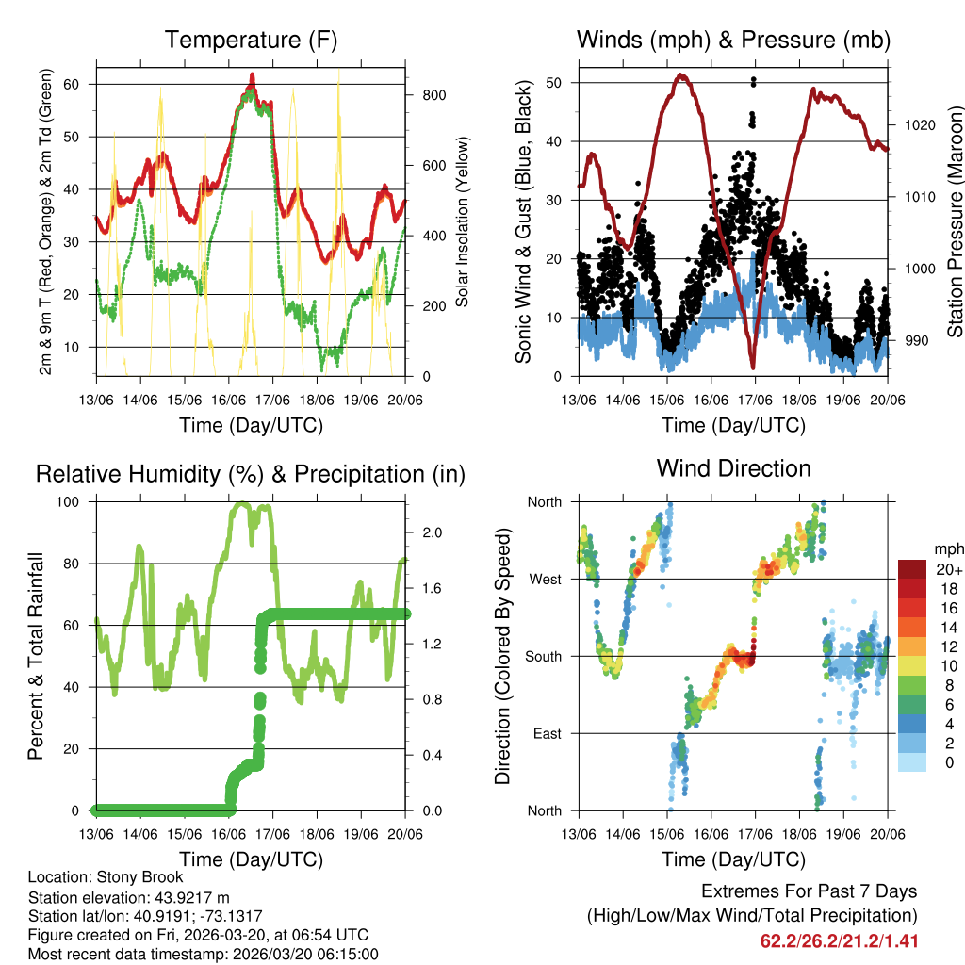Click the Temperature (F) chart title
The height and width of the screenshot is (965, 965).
coord(251,40)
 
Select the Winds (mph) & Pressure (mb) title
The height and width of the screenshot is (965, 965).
coord(733,40)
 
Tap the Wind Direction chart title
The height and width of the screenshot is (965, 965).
coord(733,468)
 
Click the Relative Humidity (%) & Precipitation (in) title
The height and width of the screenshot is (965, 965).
coord(251,474)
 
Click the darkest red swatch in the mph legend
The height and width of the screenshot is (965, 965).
coord(914,570)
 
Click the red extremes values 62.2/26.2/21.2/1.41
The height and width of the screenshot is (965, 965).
coord(839,940)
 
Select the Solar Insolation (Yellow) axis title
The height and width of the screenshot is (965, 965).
coord(463,222)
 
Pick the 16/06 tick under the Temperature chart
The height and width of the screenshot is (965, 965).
coord(229,400)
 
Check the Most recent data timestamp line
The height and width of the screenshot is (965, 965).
coord(203,954)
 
